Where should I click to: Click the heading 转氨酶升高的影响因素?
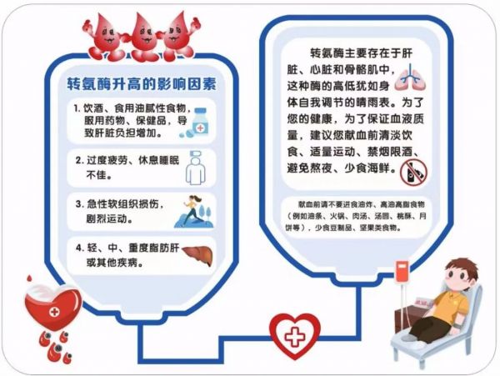click(x=142, y=84)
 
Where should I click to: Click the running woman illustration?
click(x=194, y=211)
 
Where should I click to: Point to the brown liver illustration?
click(x=197, y=255)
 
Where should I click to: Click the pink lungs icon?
click(x=410, y=78)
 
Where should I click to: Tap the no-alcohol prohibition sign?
click(x=413, y=173)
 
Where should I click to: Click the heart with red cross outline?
click(x=295, y=335)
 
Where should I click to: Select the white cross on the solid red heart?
click(x=54, y=311)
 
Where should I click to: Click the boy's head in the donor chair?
click(x=460, y=275)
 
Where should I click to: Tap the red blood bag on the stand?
click(x=402, y=272)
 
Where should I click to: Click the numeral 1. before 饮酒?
click(x=77, y=108)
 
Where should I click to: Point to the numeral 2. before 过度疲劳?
click(x=79, y=160)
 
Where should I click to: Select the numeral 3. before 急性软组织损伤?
click(x=79, y=203)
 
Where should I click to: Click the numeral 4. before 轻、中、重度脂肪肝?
click(x=79, y=248)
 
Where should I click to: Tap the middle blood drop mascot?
click(x=142, y=38)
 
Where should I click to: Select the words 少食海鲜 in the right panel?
click(x=367, y=168)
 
